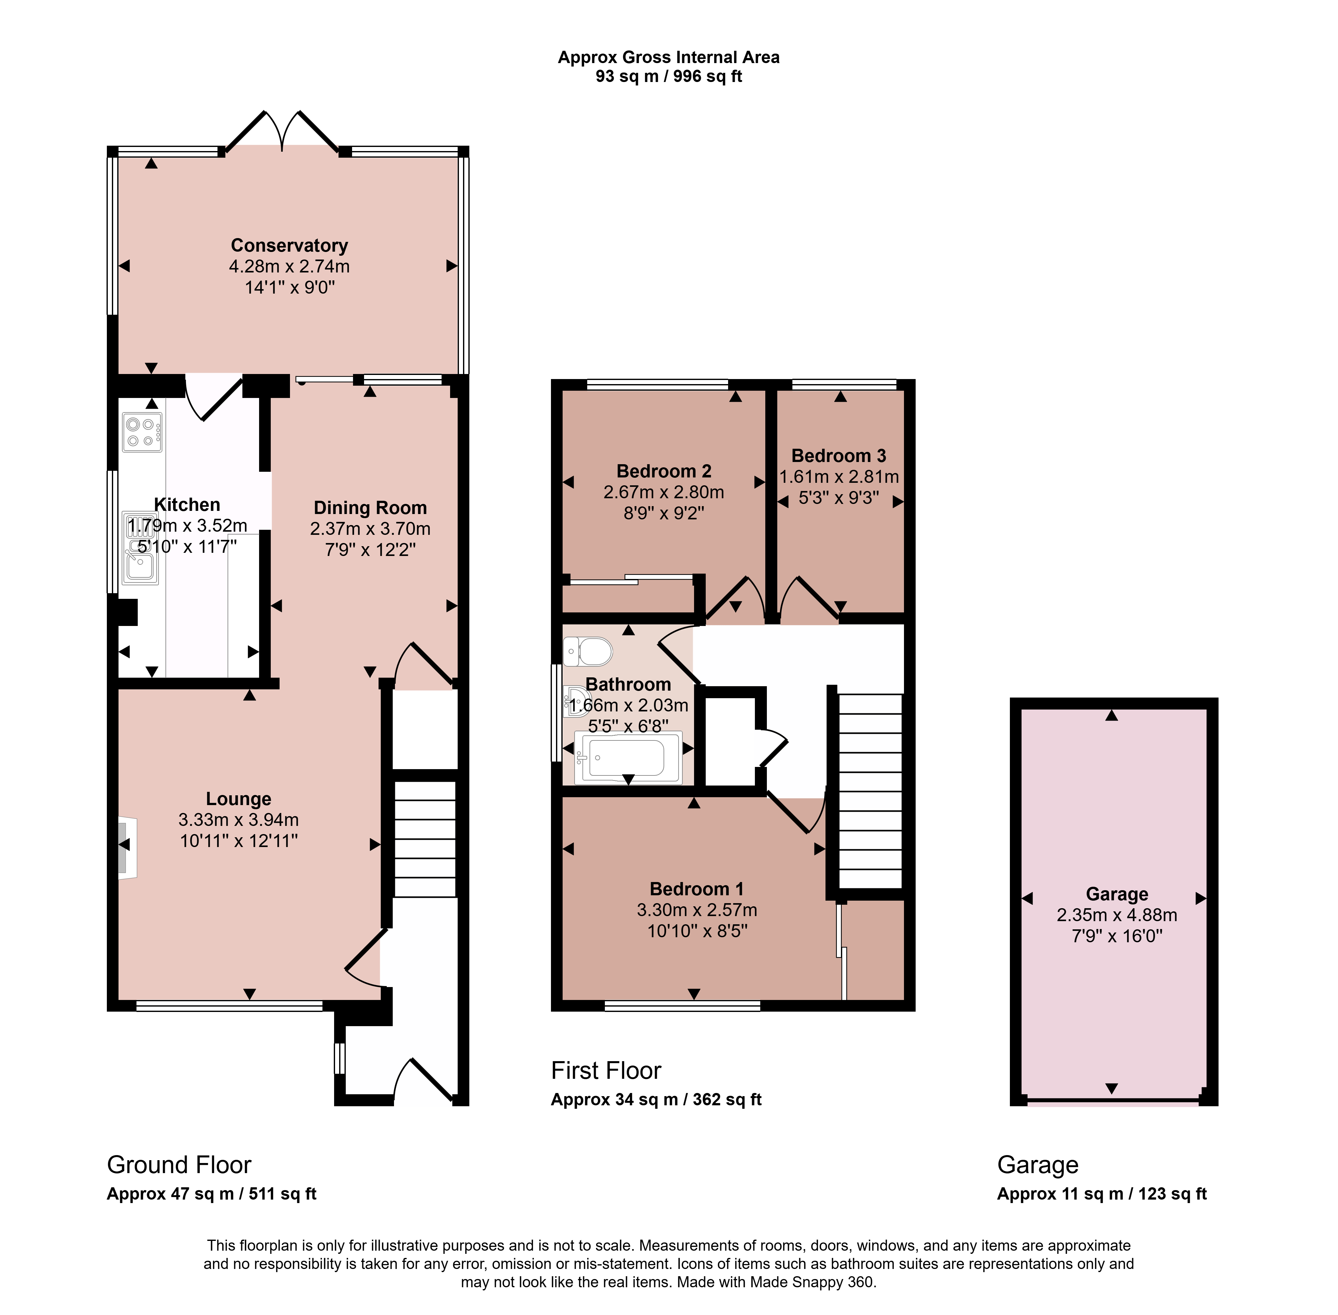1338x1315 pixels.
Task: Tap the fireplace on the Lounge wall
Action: [127, 848]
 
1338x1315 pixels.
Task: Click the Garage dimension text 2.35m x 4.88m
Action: [1116, 915]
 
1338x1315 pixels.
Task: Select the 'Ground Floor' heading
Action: [179, 1165]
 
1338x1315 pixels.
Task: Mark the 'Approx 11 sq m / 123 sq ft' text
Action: [1102, 1194]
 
